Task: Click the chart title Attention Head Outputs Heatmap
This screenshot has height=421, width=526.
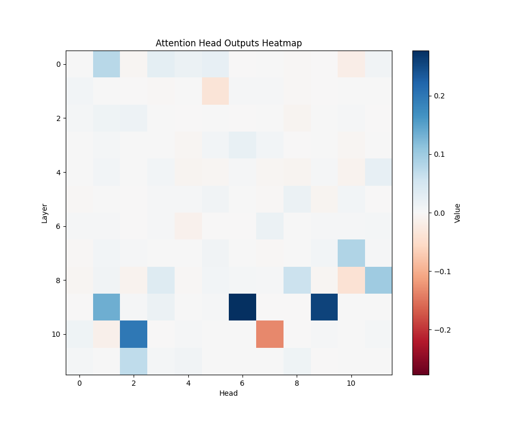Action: pyautogui.click(x=229, y=43)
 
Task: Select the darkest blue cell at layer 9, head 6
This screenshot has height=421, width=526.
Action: pyautogui.click(x=242, y=307)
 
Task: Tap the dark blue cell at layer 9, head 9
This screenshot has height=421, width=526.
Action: pyautogui.click(x=324, y=307)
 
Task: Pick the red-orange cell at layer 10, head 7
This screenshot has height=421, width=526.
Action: pyautogui.click(x=270, y=334)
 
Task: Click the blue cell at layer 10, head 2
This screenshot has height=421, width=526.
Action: pyautogui.click(x=134, y=334)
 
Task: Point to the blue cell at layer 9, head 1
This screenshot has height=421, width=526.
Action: pyautogui.click(x=107, y=307)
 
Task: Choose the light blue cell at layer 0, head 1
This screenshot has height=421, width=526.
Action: pyautogui.click(x=107, y=64)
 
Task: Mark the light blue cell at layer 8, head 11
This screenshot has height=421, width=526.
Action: pyautogui.click(x=378, y=280)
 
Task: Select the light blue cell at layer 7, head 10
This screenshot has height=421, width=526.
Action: pyautogui.click(x=351, y=253)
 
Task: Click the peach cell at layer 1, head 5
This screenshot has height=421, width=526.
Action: pyautogui.click(x=216, y=91)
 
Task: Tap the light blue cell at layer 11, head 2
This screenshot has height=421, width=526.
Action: pyautogui.click(x=134, y=361)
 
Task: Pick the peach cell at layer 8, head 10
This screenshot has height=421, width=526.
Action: pyautogui.click(x=351, y=280)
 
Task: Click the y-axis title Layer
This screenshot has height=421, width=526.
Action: pyautogui.click(x=45, y=213)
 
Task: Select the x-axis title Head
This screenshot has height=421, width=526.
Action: pyautogui.click(x=229, y=393)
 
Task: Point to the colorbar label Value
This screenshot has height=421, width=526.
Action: pyautogui.click(x=457, y=213)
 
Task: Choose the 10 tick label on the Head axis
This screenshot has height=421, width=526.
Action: pyautogui.click(x=351, y=383)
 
